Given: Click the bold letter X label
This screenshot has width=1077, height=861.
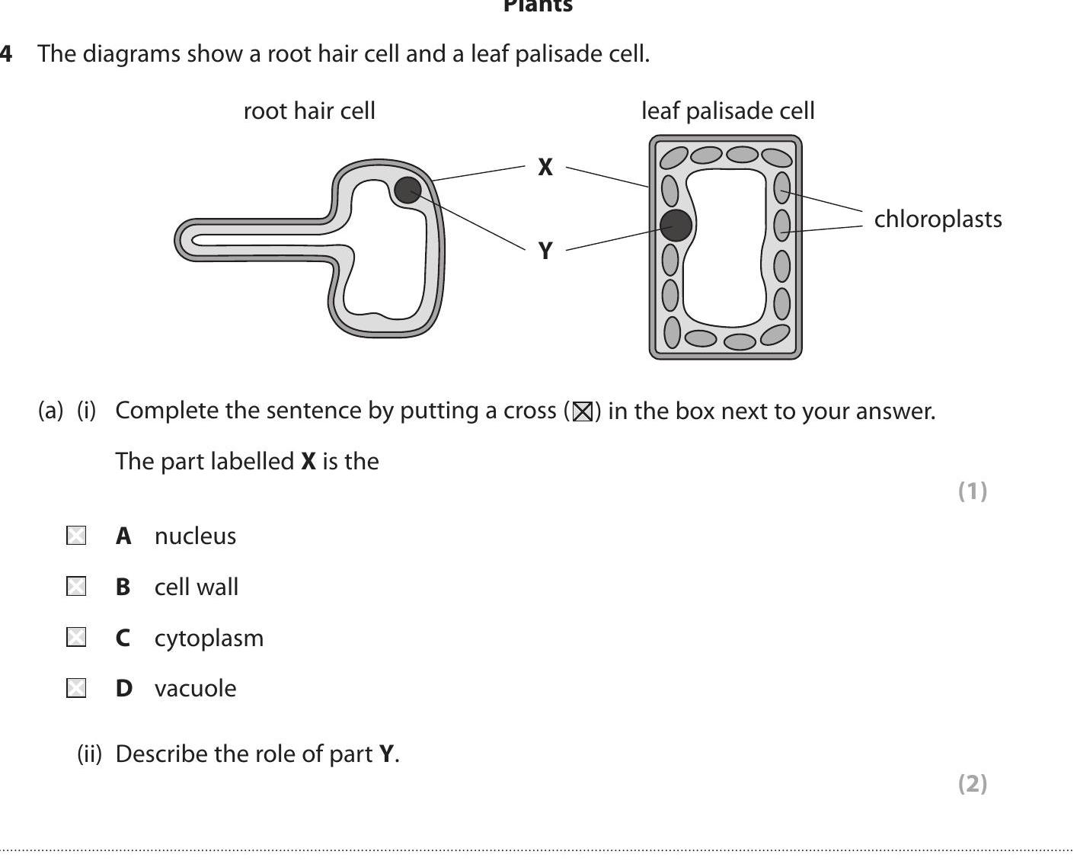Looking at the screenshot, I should [x=545, y=168].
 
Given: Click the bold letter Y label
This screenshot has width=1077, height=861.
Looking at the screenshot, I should [x=545, y=251].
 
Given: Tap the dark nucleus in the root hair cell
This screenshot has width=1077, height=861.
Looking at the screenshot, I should [x=407, y=190].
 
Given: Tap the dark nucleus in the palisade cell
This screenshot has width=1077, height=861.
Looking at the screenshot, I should [x=676, y=226].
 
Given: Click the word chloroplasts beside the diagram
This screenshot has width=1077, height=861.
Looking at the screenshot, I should [x=938, y=219].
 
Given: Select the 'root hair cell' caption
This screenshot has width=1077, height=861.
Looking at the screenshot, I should [x=309, y=111].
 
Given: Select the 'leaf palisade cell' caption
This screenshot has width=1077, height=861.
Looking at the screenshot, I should [x=727, y=111].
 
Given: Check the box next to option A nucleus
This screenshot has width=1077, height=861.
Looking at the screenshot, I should [x=76, y=536].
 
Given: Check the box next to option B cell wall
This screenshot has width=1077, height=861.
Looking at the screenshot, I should [x=76, y=587].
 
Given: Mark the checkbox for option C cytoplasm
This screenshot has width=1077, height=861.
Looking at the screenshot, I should [x=76, y=637].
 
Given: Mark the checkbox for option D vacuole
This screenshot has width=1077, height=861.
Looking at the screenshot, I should [x=76, y=688].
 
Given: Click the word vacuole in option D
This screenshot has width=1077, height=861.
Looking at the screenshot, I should [x=195, y=689].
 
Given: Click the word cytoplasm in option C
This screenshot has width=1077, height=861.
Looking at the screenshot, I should [x=209, y=638].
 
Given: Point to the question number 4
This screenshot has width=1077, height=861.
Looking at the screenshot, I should [x=6, y=54].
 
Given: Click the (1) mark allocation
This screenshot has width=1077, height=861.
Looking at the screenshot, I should [x=972, y=491].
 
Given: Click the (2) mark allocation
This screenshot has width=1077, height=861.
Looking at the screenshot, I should [x=972, y=783].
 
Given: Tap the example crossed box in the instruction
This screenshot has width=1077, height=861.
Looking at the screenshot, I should [x=583, y=412].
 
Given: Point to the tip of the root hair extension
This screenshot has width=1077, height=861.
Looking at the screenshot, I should [x=183, y=240].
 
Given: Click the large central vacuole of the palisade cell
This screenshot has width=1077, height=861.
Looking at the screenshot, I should [x=724, y=251].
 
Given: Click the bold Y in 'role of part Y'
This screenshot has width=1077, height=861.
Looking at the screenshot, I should [x=387, y=754].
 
